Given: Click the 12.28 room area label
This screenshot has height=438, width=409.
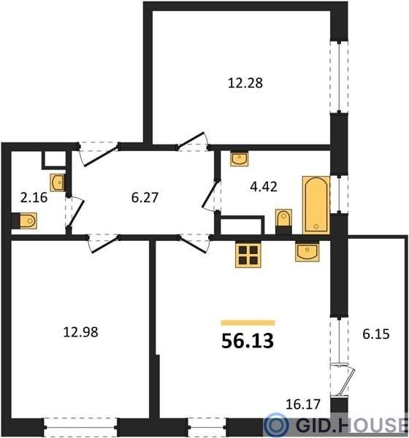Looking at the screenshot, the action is (x=245, y=83).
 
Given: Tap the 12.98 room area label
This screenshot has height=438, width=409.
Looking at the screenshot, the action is (x=80, y=332).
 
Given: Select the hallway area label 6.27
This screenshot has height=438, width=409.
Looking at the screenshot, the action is (x=145, y=197).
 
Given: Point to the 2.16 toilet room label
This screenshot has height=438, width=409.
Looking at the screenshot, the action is (x=34, y=198).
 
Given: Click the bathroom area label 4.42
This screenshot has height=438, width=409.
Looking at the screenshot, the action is (x=264, y=187).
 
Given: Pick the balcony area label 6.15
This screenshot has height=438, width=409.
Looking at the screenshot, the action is (x=376, y=334).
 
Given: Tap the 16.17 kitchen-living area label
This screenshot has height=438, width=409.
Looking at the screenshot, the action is (x=303, y=404).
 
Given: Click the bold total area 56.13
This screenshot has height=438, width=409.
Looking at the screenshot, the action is (x=248, y=341).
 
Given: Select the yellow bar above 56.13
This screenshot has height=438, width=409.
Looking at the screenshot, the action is (x=248, y=323).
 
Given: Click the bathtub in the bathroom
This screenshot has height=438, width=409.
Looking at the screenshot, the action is (x=316, y=205).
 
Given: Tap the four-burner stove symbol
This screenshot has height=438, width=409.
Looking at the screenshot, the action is (x=248, y=255).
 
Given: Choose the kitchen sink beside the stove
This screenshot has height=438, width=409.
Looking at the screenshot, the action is (x=307, y=252).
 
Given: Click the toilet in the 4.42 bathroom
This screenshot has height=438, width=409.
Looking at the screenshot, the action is (x=284, y=221).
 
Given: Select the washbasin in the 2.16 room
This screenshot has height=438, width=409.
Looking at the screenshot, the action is (x=57, y=182).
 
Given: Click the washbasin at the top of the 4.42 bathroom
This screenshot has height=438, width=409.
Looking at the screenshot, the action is (x=240, y=159).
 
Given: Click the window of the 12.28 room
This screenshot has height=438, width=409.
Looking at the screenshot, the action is (x=339, y=77).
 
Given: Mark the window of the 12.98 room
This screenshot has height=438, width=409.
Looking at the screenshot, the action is (x=80, y=427).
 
